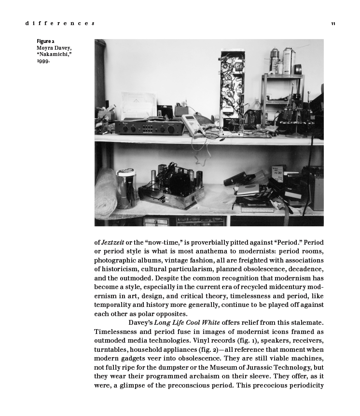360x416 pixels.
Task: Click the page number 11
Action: [x=333, y=24]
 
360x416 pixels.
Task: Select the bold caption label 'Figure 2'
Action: [x=45, y=42]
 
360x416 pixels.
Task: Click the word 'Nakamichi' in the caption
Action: [x=54, y=55]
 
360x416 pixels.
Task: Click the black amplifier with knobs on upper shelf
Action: [x=148, y=127]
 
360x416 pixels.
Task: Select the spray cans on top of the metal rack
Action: [x=282, y=60]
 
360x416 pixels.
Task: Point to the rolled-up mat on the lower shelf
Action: [x=105, y=192]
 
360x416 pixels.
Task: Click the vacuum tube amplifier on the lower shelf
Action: [x=171, y=187]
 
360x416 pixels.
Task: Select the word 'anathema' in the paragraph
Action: [x=215, y=252]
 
